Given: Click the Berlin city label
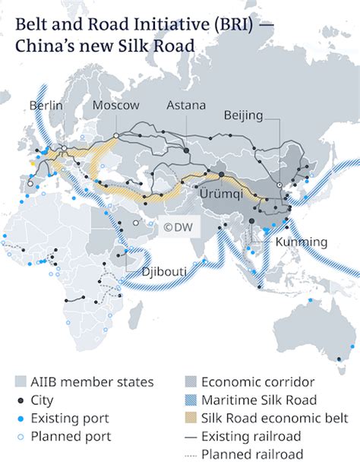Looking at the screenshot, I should (x=46, y=105).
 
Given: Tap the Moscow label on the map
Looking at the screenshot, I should (x=115, y=105).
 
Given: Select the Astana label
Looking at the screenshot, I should (x=185, y=105).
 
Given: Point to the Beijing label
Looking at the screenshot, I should (x=244, y=115).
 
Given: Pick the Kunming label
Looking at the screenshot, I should (x=302, y=242).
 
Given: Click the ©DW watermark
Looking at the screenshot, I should (x=175, y=226).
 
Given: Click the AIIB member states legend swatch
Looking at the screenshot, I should (x=23, y=381).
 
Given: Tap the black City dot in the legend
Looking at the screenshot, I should (x=23, y=400).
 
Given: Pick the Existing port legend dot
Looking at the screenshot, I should (x=23, y=418).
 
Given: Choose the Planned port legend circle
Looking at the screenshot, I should (x=23, y=436).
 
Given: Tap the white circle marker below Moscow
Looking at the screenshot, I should (x=116, y=135).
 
